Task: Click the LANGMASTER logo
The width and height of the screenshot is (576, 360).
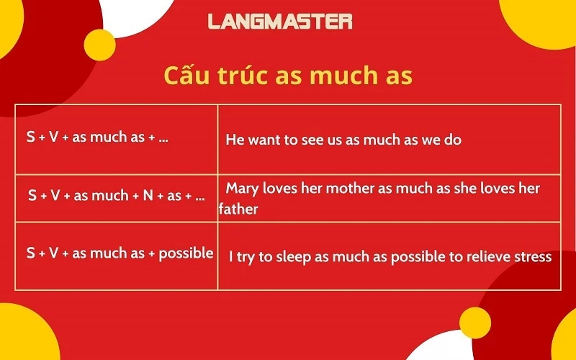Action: coord(280,22)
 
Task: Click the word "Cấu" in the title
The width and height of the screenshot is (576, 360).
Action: coord(186,75)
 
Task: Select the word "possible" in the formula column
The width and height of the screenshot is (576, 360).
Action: coord(186,253)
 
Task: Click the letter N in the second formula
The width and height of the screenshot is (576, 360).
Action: coord(148,195)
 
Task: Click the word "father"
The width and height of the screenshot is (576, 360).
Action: coord(238,210)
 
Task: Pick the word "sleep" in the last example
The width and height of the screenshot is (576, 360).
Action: coord(293,257)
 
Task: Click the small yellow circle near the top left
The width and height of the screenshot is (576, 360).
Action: coord(99,45)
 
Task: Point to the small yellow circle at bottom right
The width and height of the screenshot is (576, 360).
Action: coord(475,323)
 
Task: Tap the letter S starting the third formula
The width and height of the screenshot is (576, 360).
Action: coord(31,253)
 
